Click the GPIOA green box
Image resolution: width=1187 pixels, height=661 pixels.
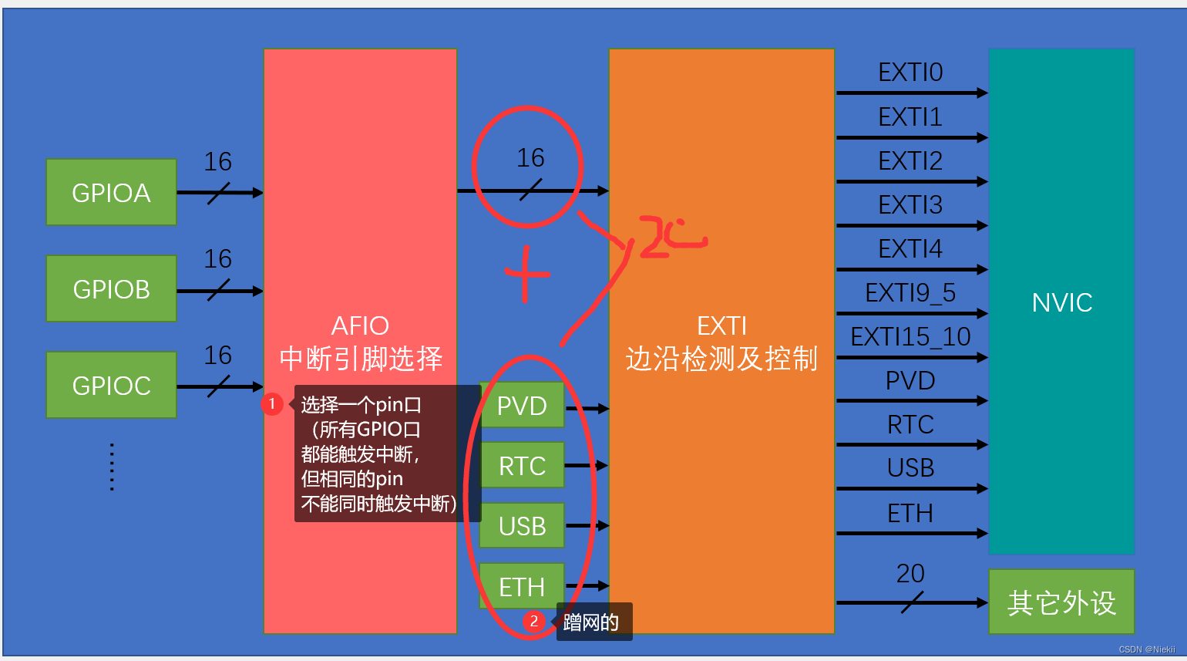point(111,193)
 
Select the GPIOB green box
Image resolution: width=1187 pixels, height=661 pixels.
point(111,289)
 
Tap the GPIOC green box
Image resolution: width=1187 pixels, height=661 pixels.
point(111,386)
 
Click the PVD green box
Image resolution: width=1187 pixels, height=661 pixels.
point(522,406)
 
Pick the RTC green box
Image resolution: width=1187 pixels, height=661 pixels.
point(522,466)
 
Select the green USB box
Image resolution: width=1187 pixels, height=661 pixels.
point(522,526)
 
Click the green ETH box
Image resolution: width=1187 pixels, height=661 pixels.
point(522,586)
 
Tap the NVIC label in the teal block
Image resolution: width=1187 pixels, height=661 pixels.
point(1061,302)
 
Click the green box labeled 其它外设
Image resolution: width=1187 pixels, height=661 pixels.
point(1061,602)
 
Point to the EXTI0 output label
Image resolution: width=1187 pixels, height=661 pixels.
point(910,73)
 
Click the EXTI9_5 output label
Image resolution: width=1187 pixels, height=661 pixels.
point(910,293)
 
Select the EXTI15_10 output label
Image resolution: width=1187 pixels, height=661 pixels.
point(910,337)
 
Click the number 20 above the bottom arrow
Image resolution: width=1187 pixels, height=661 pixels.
point(910,573)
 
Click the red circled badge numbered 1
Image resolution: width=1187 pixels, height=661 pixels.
point(271,403)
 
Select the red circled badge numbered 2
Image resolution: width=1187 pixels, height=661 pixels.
point(533,621)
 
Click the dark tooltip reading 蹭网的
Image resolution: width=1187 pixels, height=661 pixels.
point(592,622)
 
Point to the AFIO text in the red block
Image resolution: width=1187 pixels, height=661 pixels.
point(360,325)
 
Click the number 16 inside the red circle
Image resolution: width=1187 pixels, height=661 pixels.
point(530,158)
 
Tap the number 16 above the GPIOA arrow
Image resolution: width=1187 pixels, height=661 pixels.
point(217,162)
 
